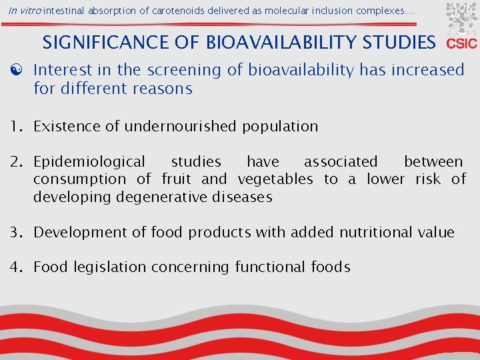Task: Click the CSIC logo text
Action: pyautogui.click(x=461, y=44)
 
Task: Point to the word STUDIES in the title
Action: pyautogui.click(x=399, y=43)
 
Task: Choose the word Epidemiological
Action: pyautogui.click(x=89, y=161)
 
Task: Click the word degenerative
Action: pyautogui.click(x=157, y=197)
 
